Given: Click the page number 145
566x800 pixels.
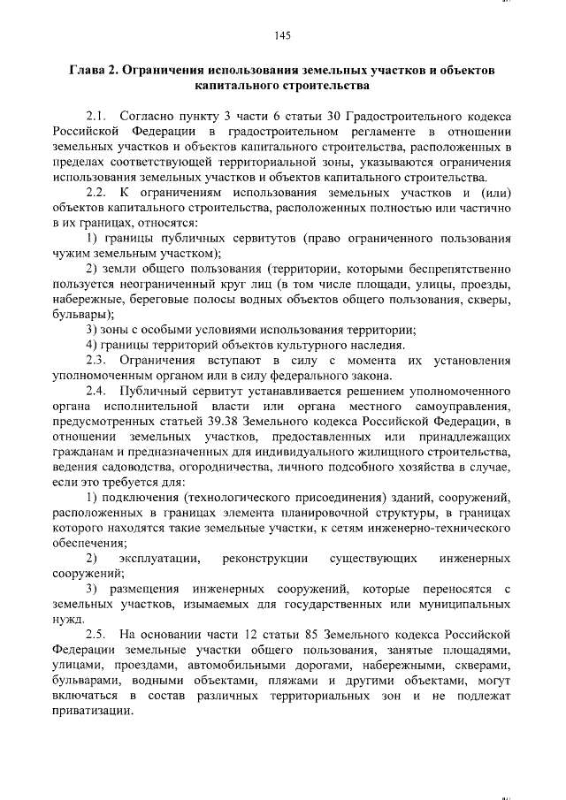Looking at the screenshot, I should tap(283, 36).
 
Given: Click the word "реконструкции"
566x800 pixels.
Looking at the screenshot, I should tap(265, 559).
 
